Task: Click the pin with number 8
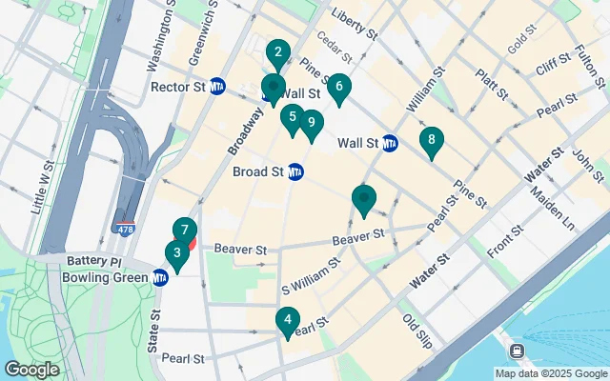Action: click(x=432, y=141)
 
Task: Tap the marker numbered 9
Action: click(x=312, y=123)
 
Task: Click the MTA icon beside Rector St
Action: click(x=217, y=86)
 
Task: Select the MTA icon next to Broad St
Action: click(x=295, y=171)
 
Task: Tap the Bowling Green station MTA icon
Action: click(x=160, y=277)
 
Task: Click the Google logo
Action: click(x=32, y=369)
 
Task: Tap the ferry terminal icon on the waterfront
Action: click(x=516, y=351)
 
